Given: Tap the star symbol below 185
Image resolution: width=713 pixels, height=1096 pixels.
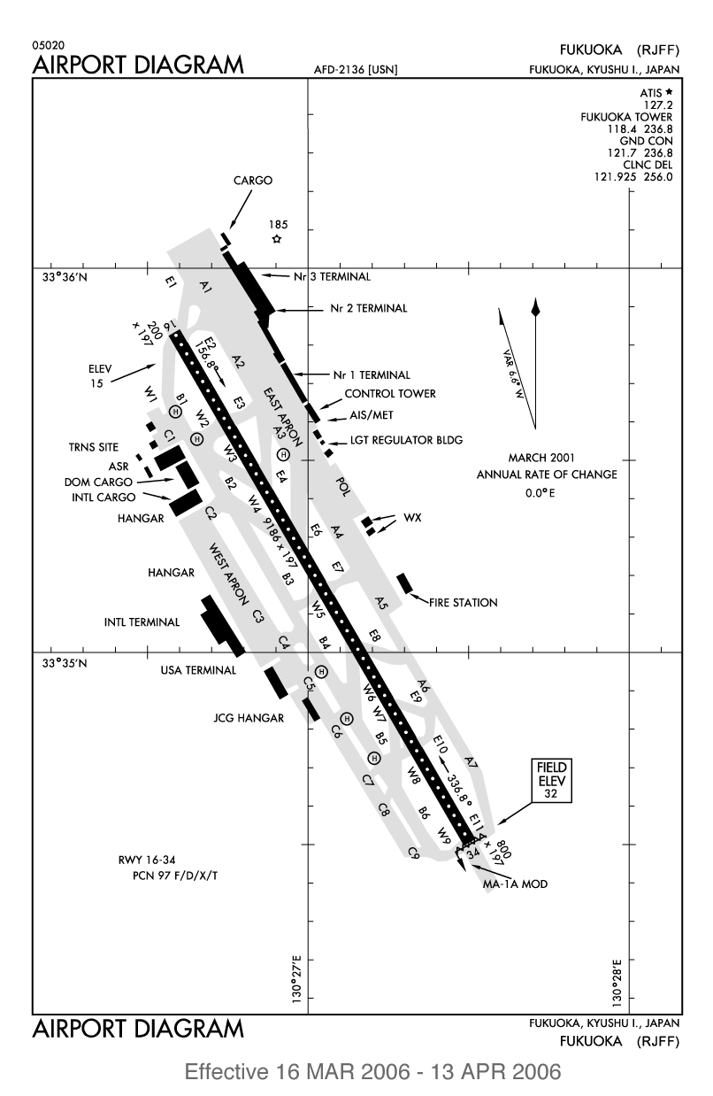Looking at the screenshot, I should click(x=277, y=239).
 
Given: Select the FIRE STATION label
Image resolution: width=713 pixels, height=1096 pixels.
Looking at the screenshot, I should click(x=463, y=603).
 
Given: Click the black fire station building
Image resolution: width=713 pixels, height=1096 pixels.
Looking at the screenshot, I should click(x=405, y=583).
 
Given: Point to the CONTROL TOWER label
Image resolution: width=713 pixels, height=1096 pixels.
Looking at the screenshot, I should click(x=390, y=393).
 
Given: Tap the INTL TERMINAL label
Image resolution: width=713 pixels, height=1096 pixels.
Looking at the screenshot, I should click(x=142, y=622).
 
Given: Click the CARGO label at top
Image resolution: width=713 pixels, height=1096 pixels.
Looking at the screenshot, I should click(x=253, y=180).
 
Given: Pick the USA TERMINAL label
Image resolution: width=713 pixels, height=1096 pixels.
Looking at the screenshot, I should click(x=198, y=670).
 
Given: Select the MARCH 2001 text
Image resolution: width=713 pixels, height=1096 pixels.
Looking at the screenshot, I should click(x=541, y=458).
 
